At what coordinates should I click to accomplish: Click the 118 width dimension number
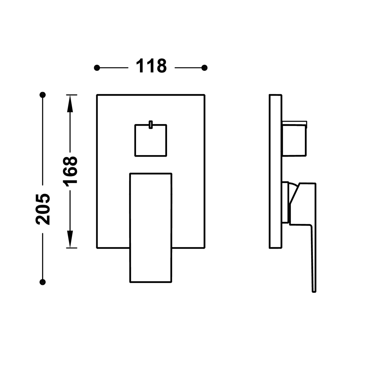pos(151,66)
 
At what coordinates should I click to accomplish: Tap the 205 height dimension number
pos(43,209)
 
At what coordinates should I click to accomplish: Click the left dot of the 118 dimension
pos(97,68)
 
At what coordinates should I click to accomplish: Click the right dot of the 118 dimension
pos(204,68)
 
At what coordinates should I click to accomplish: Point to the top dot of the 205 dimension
pos(43,95)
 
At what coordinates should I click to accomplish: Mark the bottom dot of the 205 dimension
pos(43,282)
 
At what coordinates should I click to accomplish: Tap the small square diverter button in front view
pos(151,140)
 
